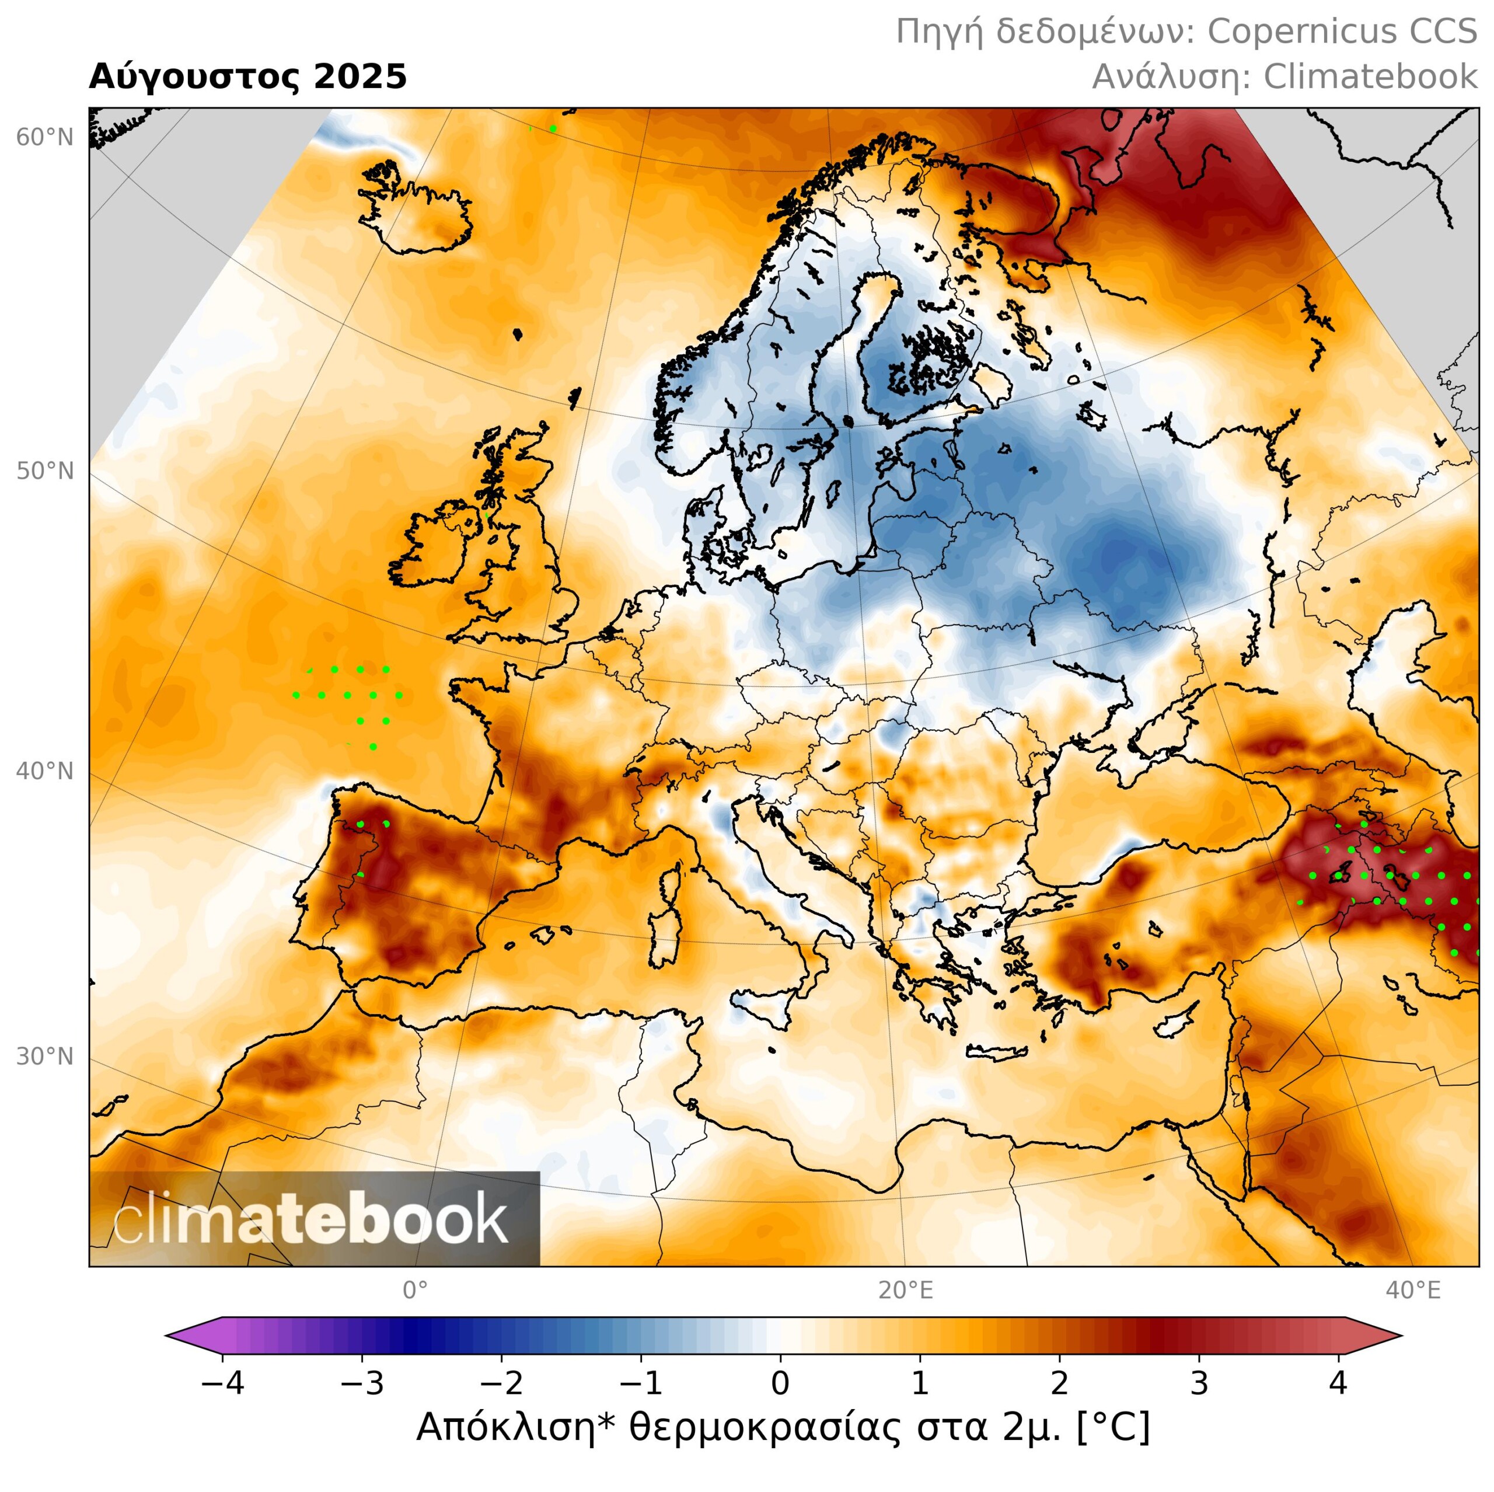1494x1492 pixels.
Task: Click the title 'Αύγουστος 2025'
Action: pos(247,78)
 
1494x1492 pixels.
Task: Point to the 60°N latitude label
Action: pos(45,138)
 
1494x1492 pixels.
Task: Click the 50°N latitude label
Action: pos(45,471)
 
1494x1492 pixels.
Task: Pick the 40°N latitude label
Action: pos(45,771)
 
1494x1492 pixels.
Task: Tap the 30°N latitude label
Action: pos(45,1057)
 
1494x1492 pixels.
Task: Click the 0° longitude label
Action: pos(416,1290)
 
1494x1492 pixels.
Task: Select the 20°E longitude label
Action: pos(906,1290)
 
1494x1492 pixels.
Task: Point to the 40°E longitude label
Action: pos(1413,1290)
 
